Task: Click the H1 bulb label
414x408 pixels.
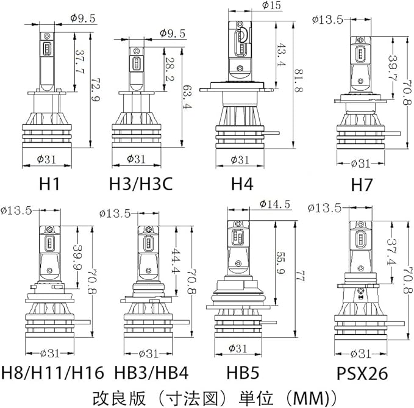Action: coord(50,184)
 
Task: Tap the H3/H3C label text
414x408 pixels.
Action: coord(141,184)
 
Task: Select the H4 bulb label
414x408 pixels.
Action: coord(242,184)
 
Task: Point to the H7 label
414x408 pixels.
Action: coord(362,185)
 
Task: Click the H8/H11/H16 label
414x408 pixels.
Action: coord(53,373)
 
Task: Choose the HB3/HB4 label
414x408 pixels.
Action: coord(151,373)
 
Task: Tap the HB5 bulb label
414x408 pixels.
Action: coord(243,373)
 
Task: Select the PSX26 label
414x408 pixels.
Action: coord(362,373)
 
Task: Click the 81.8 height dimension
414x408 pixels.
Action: coord(299,81)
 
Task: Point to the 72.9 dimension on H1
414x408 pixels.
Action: coord(96,90)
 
